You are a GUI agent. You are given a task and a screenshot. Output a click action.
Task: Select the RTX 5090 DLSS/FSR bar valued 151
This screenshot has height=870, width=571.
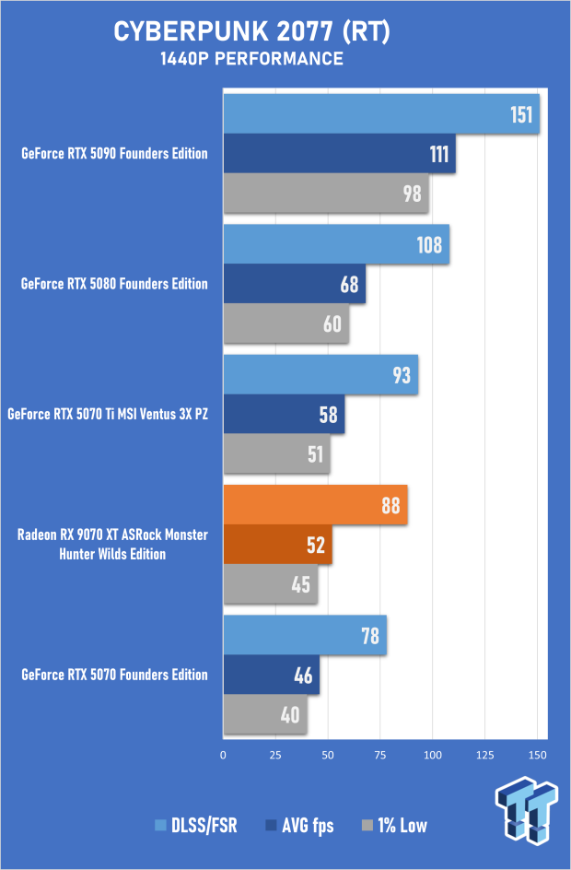pyautogui.click(x=380, y=113)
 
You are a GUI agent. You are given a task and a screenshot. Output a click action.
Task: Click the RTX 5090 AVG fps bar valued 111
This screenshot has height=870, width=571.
pyautogui.click(x=339, y=154)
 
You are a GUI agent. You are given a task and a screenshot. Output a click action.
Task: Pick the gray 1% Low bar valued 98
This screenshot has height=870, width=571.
pyautogui.click(x=325, y=194)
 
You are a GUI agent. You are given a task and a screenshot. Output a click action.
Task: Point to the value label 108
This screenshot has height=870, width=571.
pyautogui.click(x=429, y=245)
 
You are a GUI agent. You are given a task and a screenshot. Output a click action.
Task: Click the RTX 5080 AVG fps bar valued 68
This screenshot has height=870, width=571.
pyautogui.click(x=294, y=284)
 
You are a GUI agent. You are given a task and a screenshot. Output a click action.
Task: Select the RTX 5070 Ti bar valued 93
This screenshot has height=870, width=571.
pyautogui.click(x=320, y=375)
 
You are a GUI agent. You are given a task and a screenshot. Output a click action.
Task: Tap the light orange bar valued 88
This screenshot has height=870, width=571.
pyautogui.click(x=315, y=506)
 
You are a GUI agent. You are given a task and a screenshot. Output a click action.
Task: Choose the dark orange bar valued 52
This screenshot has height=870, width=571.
pyautogui.click(x=277, y=545)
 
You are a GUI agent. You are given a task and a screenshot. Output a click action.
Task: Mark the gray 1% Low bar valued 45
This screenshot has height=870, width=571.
pyautogui.click(x=270, y=584)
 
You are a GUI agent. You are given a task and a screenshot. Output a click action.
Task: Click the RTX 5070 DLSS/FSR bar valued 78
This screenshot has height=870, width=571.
pyautogui.click(x=304, y=636)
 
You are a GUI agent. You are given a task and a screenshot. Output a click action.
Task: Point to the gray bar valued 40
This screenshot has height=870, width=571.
pyautogui.click(x=264, y=715)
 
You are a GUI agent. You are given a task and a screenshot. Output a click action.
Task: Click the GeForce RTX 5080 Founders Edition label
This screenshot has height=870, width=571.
pyautogui.click(x=114, y=284)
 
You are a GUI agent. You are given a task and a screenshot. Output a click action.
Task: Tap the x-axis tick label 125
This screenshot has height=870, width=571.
pyautogui.click(x=484, y=756)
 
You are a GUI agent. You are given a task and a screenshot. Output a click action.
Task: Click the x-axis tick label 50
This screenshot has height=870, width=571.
pyautogui.click(x=327, y=756)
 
